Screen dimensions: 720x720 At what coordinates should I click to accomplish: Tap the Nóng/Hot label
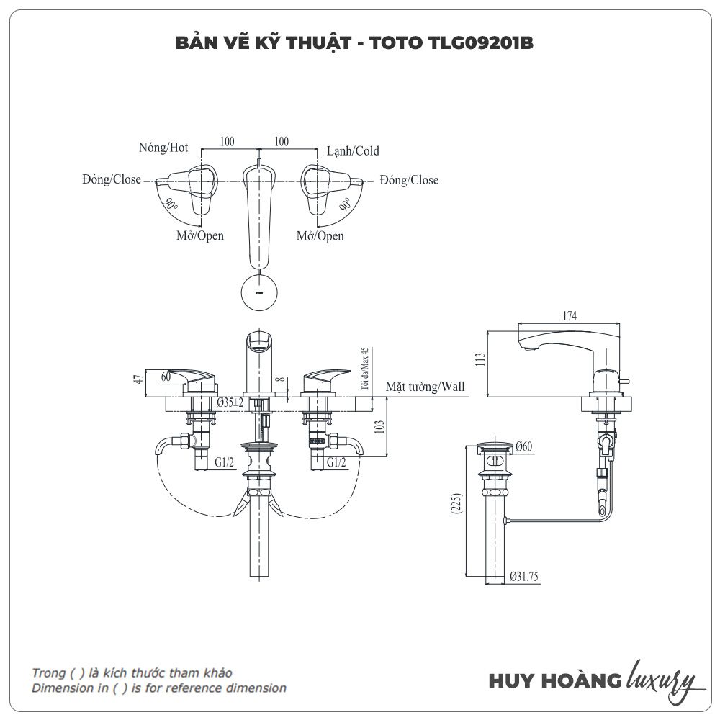pos(163,148)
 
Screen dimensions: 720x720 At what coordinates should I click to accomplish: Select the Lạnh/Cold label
pos(353,151)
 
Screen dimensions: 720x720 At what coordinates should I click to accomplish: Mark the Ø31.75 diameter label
pos(525,576)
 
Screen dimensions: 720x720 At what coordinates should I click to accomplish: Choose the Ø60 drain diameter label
pos(523,446)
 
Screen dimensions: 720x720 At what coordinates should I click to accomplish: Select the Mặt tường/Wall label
pos(425,387)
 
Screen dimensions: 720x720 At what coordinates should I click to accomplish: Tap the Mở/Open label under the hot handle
pos(200,235)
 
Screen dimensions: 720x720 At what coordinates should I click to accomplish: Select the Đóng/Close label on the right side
pos(410,180)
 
